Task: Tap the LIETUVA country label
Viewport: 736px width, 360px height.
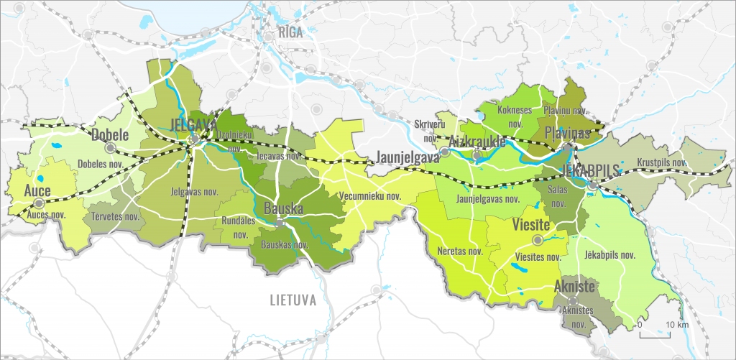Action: pos(293,300)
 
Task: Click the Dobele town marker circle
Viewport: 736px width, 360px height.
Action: pos(110,148)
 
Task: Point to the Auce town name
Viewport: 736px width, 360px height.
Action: pos(37,191)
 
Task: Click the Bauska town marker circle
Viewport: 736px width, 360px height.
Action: pos(280,223)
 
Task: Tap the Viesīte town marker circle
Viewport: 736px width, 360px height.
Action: pos(537,240)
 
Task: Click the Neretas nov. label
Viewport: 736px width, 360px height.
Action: pos(460,251)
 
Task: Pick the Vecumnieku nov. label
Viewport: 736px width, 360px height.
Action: pos(372,195)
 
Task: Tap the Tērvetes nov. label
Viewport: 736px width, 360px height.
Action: pos(115,216)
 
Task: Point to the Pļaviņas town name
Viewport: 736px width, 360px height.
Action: pos(568,133)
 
